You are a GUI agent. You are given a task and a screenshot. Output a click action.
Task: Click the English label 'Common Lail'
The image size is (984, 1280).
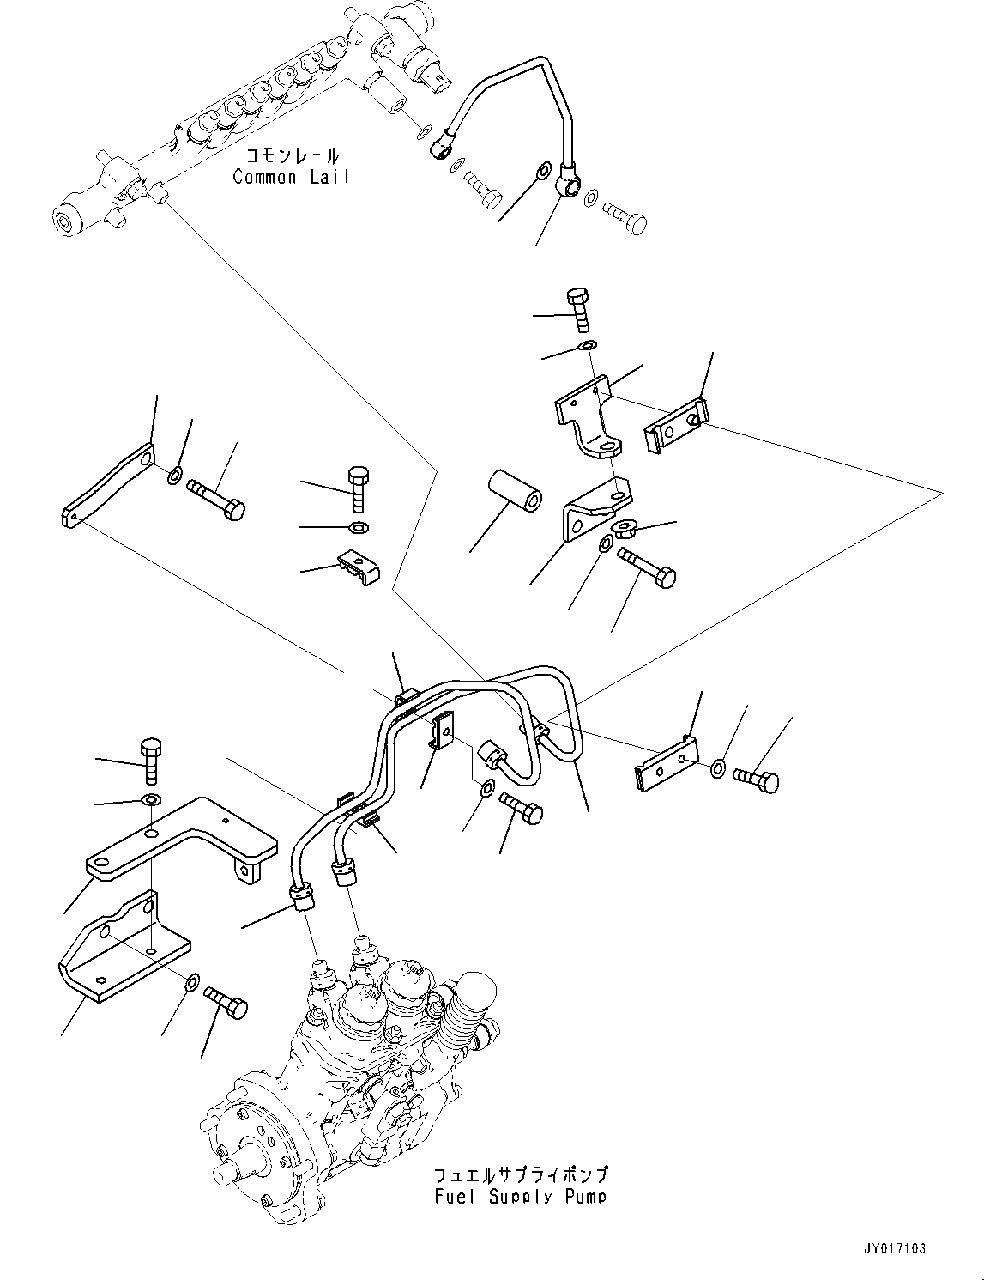click(292, 178)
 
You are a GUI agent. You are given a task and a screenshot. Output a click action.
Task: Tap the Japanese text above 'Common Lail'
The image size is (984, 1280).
click(292, 156)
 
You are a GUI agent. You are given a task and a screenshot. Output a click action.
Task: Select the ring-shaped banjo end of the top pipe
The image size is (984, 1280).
click(570, 180)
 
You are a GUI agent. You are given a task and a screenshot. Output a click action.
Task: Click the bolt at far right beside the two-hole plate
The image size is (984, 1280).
click(758, 780)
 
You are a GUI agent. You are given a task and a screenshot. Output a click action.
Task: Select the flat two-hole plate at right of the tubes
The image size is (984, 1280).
click(665, 766)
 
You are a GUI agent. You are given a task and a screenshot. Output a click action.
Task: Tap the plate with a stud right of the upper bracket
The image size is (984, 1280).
click(676, 427)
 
